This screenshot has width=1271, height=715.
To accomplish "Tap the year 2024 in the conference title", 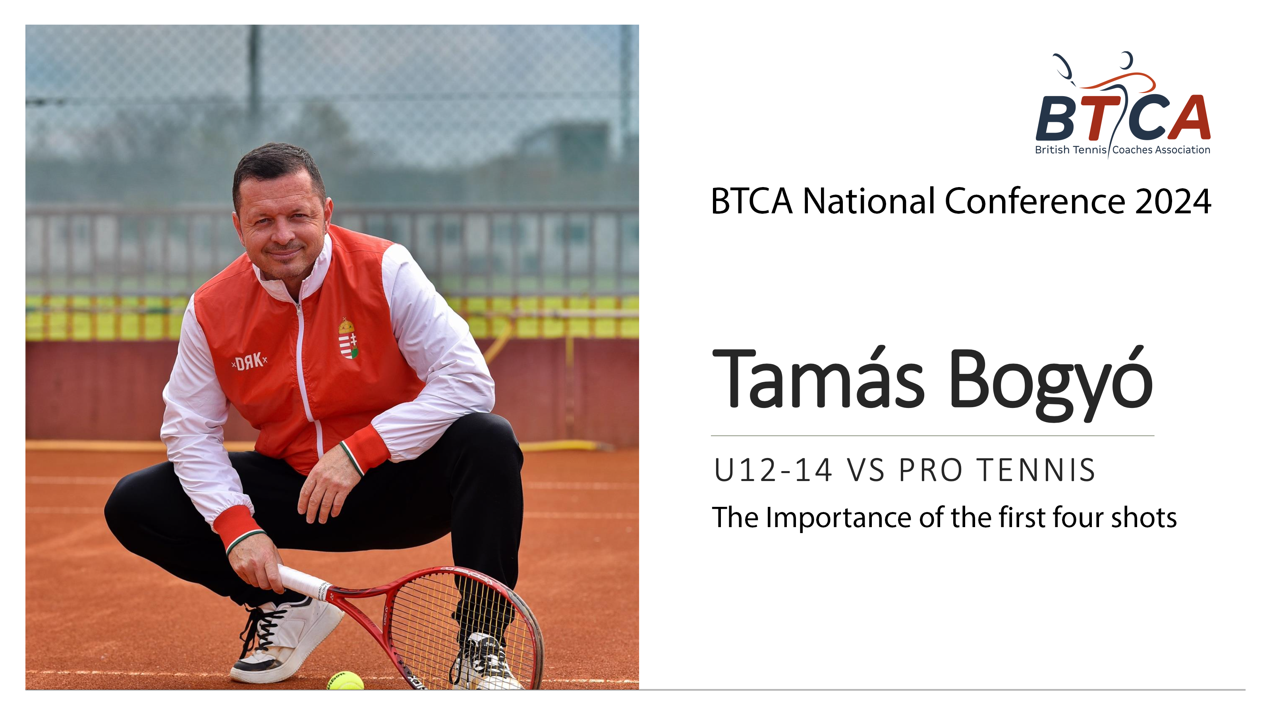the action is click(x=1173, y=201).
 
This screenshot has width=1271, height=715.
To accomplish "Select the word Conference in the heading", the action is click(x=1035, y=201).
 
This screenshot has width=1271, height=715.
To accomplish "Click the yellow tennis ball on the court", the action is click(x=346, y=680).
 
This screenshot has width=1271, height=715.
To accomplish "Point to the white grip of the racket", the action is click(x=302, y=582).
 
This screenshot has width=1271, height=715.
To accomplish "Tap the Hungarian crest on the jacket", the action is click(x=348, y=338).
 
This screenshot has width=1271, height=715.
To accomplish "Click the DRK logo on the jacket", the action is click(x=249, y=362).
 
